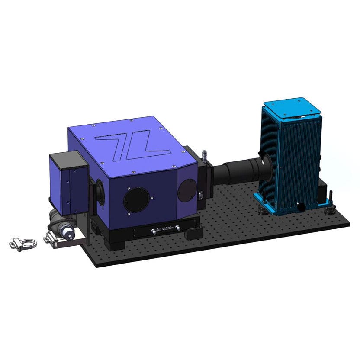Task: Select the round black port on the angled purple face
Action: (186, 190)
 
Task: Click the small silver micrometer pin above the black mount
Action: (202, 154)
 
